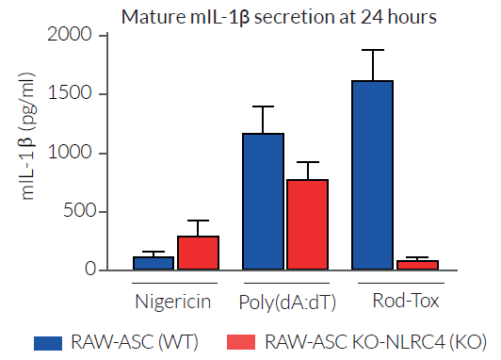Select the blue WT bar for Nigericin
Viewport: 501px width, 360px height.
tap(154, 263)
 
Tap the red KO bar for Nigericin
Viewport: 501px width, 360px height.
tap(199, 253)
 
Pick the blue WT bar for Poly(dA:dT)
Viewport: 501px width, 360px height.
tap(264, 202)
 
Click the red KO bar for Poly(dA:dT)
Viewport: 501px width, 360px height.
tap(308, 224)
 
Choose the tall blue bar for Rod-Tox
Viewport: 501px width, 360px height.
tap(374, 175)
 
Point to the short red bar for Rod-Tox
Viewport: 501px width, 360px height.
tap(418, 265)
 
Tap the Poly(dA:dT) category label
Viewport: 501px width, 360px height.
tap(286, 302)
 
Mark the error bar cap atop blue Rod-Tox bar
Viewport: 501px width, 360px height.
tap(374, 50)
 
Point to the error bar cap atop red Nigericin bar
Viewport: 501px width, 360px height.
tap(199, 221)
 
